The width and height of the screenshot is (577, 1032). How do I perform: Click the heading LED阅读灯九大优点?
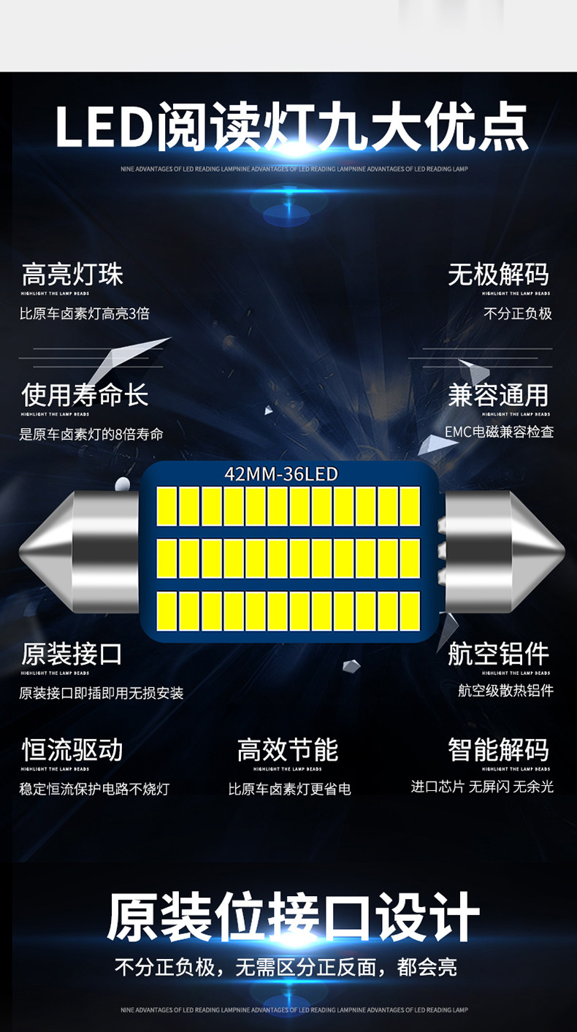pyautogui.click(x=291, y=128)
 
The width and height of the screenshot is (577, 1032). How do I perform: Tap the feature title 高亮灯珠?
pyautogui.click(x=72, y=275)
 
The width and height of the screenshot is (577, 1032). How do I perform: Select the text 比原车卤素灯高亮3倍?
pyautogui.click(x=85, y=313)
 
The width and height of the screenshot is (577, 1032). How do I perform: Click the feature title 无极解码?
pyautogui.click(x=498, y=275)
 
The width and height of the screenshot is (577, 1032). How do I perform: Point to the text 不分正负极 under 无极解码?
pyautogui.click(x=517, y=313)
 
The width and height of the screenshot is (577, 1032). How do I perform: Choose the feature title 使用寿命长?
pyautogui.click(x=85, y=395)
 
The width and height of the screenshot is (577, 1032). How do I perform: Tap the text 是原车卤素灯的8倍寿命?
pyautogui.click(x=91, y=434)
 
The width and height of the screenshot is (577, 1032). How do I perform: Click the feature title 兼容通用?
pyautogui.click(x=498, y=395)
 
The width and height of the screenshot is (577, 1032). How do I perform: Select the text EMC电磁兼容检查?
pyautogui.click(x=499, y=432)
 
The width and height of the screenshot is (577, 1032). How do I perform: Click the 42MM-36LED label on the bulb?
pyautogui.click(x=281, y=474)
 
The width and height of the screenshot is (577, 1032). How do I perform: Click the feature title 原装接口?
pyautogui.click(x=72, y=654)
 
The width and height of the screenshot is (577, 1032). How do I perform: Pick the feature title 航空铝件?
pyautogui.click(x=498, y=654)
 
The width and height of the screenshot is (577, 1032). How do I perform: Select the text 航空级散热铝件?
pyautogui.click(x=505, y=690)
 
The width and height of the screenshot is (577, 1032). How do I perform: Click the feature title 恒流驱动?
pyautogui.click(x=72, y=749)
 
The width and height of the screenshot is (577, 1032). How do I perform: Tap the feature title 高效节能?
pyautogui.click(x=288, y=749)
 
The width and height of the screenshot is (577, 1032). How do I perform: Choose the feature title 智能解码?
pyautogui.click(x=498, y=749)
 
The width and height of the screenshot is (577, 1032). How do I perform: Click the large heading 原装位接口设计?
pyautogui.click(x=293, y=917)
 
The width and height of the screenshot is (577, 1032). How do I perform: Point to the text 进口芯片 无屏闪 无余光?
pyautogui.click(x=482, y=787)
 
